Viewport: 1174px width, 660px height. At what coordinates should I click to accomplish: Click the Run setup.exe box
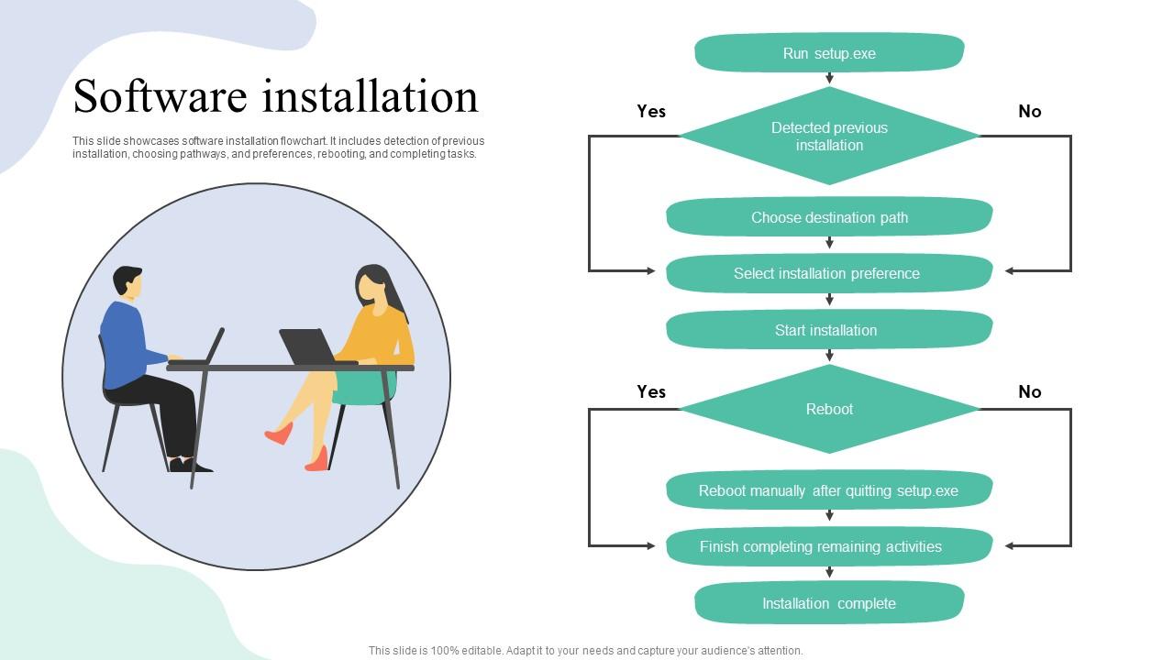pyautogui.click(x=829, y=53)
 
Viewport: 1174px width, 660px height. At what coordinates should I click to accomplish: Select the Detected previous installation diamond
pyautogui.click(x=829, y=137)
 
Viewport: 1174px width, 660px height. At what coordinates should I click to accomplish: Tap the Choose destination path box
pyautogui.click(x=829, y=217)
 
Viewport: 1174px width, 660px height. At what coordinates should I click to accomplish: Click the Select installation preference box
pyautogui.click(x=829, y=273)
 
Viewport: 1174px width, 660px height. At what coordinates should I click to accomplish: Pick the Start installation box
pyautogui.click(x=829, y=330)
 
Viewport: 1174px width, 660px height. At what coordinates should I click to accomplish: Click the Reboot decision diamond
pyautogui.click(x=829, y=409)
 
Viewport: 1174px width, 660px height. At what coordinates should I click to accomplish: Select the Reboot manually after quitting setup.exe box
pyautogui.click(x=829, y=490)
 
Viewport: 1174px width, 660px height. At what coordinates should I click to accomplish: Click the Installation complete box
pyautogui.click(x=829, y=603)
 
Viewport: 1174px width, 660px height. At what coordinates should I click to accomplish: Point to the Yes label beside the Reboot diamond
pyautogui.click(x=651, y=391)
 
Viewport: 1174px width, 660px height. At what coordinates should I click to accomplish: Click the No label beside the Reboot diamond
pyautogui.click(x=1029, y=391)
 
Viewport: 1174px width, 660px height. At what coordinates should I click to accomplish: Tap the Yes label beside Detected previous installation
pyautogui.click(x=651, y=111)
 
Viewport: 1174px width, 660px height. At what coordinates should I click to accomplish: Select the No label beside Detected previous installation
pyautogui.click(x=1029, y=111)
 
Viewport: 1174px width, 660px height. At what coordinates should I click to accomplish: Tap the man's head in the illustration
pyautogui.click(x=128, y=281)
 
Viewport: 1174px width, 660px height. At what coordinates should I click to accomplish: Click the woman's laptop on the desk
pyautogui.click(x=306, y=347)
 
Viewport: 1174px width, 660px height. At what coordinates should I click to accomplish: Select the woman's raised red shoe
pyautogui.click(x=279, y=434)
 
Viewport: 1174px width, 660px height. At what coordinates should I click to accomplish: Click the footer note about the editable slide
pyautogui.click(x=585, y=651)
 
